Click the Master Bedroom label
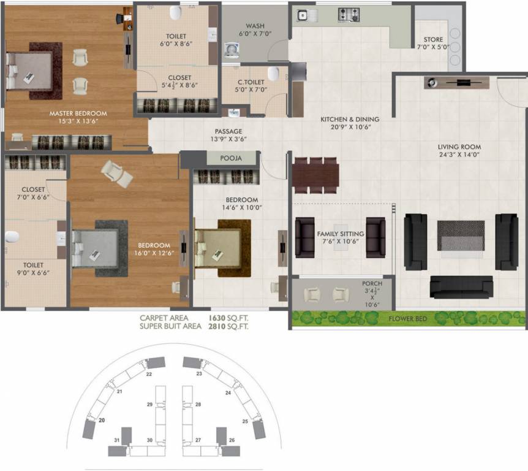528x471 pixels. [78, 113]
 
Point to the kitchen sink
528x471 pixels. [304, 13]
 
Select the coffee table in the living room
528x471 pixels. [461, 235]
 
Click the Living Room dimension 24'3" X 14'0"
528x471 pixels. [459, 156]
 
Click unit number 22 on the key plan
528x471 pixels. [149, 373]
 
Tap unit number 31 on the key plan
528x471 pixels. [117, 440]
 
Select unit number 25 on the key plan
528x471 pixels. [245, 421]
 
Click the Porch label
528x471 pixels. [372, 283]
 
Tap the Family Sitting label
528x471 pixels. [340, 234]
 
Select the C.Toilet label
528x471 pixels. [251, 82]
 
